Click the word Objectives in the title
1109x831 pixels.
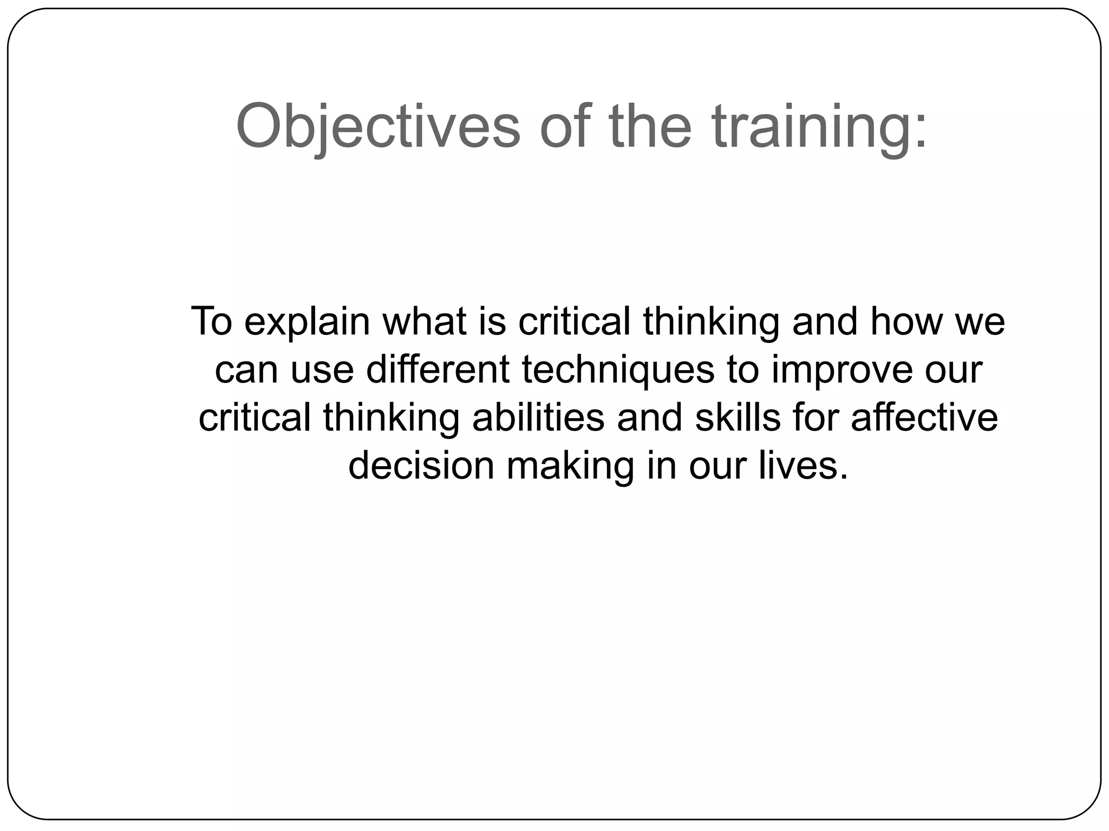(378, 127)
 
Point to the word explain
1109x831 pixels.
(307, 322)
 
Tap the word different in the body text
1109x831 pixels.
(438, 370)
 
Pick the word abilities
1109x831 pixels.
(538, 418)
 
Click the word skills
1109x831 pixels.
(738, 418)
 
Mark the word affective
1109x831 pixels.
(924, 418)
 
